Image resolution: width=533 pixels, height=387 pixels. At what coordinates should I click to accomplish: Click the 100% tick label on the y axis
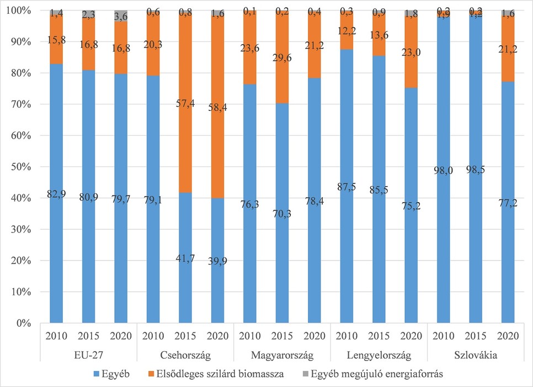20,10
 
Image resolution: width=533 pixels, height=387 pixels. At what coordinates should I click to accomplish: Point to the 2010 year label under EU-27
57,336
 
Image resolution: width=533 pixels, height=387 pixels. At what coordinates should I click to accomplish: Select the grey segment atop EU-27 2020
121,16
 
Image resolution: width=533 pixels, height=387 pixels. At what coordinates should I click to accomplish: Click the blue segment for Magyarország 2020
315,248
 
